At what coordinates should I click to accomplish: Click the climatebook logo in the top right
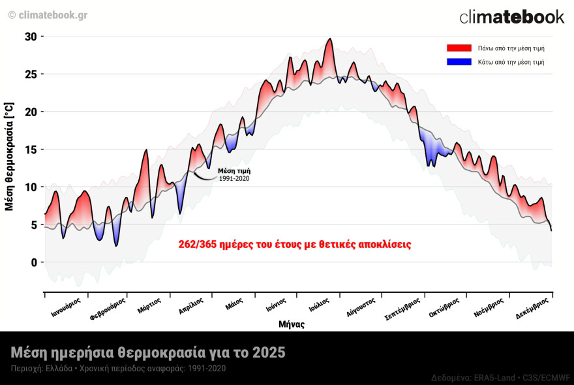511,17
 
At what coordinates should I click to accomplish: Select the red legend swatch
459,48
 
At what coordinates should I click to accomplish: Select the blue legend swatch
459,62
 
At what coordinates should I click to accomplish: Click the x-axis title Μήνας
291,324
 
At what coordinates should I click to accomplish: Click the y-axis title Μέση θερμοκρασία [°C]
9,156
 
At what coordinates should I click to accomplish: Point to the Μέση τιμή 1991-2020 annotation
234,174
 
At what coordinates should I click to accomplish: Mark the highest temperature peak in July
330,39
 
